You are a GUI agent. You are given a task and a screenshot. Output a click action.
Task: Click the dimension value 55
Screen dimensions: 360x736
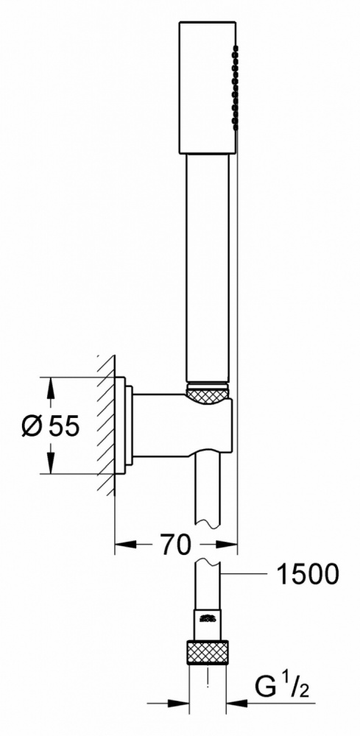(64, 426)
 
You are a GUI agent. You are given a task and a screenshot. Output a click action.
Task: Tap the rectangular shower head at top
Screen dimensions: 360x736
(207, 87)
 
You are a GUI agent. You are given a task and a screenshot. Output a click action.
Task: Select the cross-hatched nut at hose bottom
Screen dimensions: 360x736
(207, 651)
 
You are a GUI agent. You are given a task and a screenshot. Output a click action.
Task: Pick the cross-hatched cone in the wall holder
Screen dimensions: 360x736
(207, 393)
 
